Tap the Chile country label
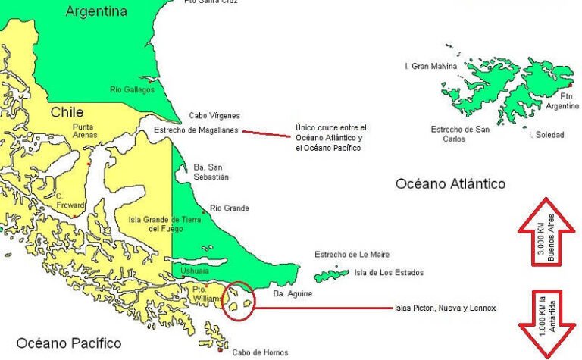click(67, 112)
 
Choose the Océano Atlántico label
click(450, 184)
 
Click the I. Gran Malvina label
click(431, 67)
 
